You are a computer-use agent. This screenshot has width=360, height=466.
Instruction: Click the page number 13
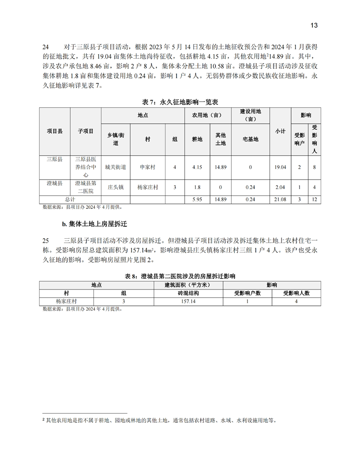coord(314,25)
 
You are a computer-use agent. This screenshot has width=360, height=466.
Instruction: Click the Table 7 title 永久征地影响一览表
coord(180,102)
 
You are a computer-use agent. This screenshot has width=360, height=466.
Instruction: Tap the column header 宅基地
coord(251,139)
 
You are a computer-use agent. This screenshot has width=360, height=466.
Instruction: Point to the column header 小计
coord(280,132)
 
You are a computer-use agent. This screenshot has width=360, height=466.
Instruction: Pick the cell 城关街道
coord(116,167)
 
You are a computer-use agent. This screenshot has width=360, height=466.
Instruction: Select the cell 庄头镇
coord(116,187)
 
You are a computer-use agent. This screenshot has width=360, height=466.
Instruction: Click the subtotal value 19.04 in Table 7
coord(280,167)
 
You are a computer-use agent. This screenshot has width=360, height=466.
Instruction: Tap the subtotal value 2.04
coord(280,187)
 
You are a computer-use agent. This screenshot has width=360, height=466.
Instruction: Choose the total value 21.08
coord(280,199)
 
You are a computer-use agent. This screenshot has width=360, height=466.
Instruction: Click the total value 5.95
coord(197,199)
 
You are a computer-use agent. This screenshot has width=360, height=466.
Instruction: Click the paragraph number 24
coord(45,46)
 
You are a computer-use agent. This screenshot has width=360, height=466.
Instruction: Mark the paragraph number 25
coord(45,241)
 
